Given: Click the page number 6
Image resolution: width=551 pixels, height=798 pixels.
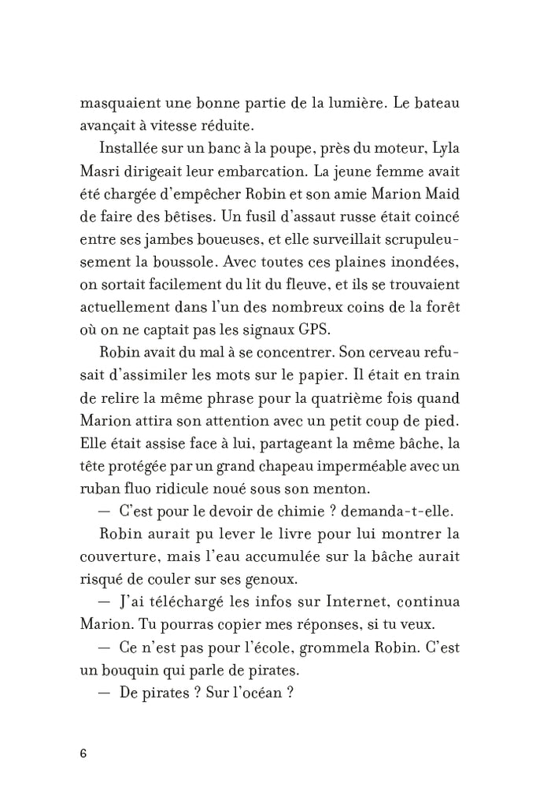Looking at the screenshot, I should click(83, 753).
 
